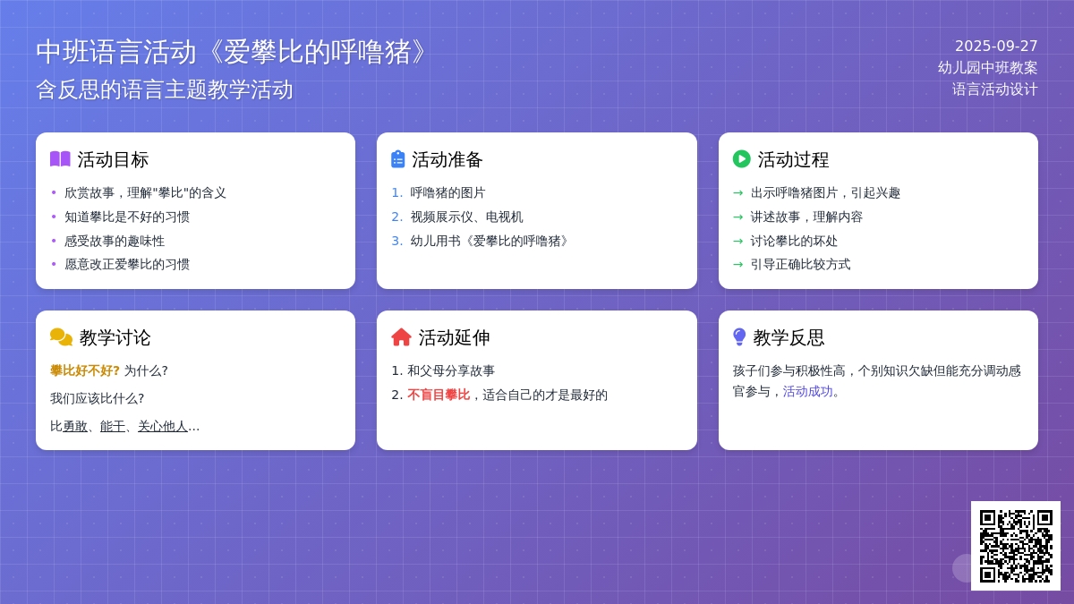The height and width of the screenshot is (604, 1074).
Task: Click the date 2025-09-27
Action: (x=996, y=46)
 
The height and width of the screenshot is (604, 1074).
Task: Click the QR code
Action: (x=1016, y=546)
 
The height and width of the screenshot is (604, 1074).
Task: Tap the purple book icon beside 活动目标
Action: (x=61, y=159)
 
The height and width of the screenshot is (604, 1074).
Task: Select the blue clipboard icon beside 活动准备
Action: (x=398, y=159)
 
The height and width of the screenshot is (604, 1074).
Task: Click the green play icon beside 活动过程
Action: (x=741, y=159)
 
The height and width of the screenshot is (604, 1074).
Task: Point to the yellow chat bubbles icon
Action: (x=61, y=337)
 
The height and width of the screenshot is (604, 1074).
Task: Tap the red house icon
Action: (x=401, y=337)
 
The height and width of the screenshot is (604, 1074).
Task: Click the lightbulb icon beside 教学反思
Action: (x=739, y=337)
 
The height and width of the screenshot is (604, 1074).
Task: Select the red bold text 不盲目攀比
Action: (x=439, y=395)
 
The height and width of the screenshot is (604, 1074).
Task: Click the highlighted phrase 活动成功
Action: (x=807, y=392)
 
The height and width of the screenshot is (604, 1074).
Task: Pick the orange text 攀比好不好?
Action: (x=85, y=370)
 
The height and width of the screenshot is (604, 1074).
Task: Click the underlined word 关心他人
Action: (x=163, y=426)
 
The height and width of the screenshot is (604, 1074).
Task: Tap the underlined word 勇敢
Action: (x=75, y=426)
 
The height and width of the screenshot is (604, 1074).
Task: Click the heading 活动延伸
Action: (x=454, y=337)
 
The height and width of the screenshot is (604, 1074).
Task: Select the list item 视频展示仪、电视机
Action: (x=466, y=217)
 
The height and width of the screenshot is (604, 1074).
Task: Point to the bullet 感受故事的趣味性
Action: (x=115, y=241)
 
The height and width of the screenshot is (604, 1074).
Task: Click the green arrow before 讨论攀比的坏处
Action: (x=737, y=241)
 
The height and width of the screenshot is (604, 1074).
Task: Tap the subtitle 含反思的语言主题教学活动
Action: (x=165, y=89)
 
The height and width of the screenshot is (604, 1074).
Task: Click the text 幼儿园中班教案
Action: (x=988, y=68)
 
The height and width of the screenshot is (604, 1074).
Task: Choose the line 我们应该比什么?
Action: (x=98, y=398)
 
